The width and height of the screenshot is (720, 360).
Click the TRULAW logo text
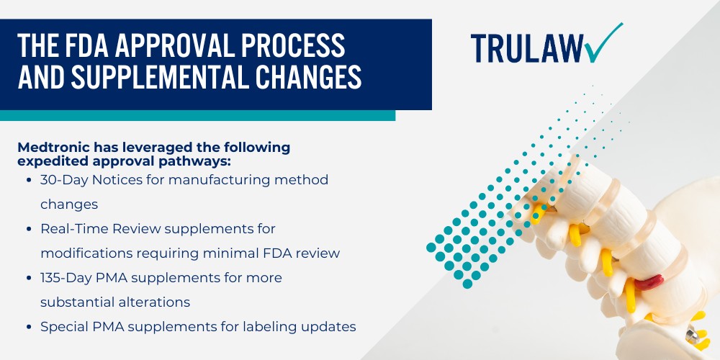[x=527, y=48]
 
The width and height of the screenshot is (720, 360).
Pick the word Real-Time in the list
[x=71, y=228]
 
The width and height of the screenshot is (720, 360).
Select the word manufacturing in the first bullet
[x=210, y=179]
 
